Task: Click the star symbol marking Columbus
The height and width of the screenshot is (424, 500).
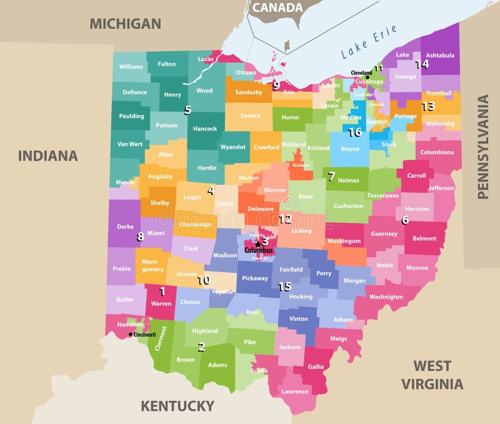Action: [x=257, y=244]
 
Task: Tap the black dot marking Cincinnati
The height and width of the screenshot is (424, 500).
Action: [x=131, y=334]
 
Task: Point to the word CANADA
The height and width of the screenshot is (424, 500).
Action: [x=277, y=8]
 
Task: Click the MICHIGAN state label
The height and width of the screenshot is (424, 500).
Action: [x=125, y=24]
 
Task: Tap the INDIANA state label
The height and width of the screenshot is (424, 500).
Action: [x=47, y=155]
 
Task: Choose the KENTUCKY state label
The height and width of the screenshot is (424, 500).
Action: [x=177, y=406]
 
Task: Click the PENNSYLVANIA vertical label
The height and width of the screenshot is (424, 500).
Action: [x=482, y=147]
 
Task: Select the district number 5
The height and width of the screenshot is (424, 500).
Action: [x=187, y=110]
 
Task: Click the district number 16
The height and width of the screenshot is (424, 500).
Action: [x=354, y=132]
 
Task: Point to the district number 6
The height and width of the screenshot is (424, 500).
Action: [x=405, y=220]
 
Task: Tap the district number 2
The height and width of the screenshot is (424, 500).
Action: [x=201, y=347]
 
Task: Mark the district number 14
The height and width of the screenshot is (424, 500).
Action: [x=422, y=64]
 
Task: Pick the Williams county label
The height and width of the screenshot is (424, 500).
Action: [x=131, y=67]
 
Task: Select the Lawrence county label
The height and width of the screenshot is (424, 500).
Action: [x=294, y=392]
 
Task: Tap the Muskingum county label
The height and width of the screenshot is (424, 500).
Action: [x=344, y=240]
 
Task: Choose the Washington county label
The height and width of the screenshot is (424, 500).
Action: [x=386, y=297]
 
